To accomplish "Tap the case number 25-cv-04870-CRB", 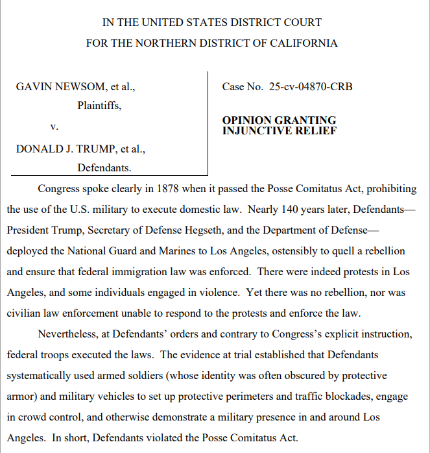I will coord(311,86).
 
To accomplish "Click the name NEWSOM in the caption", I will coord(75,86).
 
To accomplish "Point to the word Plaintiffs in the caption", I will coord(99,105).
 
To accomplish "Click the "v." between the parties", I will coord(54,127).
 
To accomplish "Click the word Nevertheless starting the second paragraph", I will coord(72,334).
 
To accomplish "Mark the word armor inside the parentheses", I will coord(21,397).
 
